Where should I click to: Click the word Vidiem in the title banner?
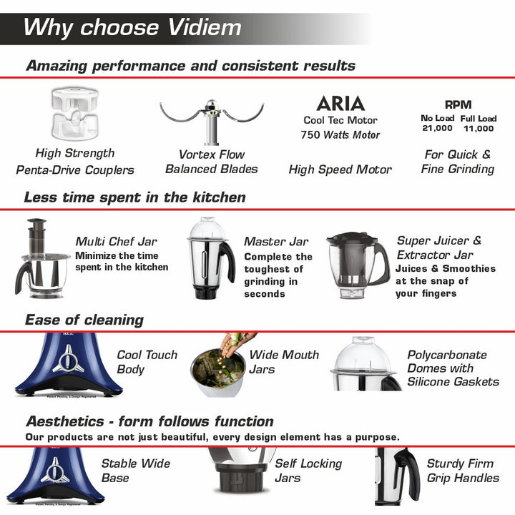(205, 27)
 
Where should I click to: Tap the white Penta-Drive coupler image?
(75, 113)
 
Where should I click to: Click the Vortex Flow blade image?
(212, 122)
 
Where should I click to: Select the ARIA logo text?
(340, 104)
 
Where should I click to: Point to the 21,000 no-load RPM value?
(437, 128)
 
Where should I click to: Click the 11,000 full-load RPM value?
(479, 129)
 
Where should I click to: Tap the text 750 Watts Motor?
(340, 134)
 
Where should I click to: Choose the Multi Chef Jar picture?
(41, 258)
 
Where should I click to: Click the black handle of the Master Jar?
(227, 261)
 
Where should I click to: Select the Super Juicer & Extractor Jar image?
(358, 265)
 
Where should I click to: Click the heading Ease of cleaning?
(84, 320)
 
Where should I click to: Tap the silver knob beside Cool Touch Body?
(68, 360)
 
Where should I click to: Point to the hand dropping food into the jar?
(237, 344)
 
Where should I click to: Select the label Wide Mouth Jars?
(284, 362)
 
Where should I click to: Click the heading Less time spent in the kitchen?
(135, 197)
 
